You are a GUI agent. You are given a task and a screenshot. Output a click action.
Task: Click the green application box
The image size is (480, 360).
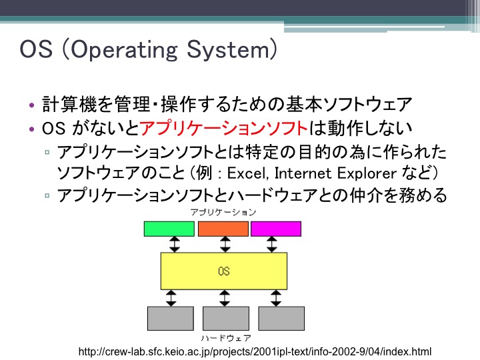point(169,229)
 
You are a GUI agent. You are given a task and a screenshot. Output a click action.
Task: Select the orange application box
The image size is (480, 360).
point(223,229)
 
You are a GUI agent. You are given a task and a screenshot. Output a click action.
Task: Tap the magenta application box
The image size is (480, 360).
point(276,229)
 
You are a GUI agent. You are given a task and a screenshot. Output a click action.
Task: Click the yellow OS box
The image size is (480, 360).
point(224,271)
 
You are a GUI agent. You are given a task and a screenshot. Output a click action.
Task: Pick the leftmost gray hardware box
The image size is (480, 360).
point(171,319)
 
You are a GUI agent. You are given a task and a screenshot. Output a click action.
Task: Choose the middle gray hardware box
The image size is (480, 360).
point(226,319)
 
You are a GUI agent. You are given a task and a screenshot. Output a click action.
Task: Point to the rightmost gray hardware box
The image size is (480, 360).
point(281,319)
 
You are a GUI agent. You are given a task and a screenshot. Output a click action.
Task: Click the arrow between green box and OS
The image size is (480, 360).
point(175,244)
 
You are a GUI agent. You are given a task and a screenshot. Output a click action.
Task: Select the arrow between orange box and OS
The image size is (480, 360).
point(225,244)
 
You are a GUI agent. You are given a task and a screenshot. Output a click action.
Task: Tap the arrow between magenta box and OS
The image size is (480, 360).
point(272,244)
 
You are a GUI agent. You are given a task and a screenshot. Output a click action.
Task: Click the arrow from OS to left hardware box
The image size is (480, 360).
point(171,298)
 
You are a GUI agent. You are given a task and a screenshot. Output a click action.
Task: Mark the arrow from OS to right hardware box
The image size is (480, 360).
point(276,298)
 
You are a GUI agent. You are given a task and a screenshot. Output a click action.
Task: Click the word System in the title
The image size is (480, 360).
point(228,50)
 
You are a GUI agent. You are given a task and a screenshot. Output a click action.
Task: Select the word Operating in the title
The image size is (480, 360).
point(124,50)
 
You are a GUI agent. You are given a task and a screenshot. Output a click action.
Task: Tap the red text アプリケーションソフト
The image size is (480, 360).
point(224,128)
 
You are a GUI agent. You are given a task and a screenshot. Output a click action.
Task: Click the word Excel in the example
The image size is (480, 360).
point(247,173)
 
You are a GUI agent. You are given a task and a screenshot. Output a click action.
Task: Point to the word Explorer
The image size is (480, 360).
point(367,173)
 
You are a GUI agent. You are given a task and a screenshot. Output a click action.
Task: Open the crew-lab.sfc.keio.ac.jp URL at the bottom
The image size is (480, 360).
point(255,352)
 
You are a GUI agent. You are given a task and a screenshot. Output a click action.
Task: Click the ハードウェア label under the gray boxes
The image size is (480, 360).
point(226,338)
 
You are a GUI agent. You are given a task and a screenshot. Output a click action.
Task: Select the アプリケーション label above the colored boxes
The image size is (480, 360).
point(223,212)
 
